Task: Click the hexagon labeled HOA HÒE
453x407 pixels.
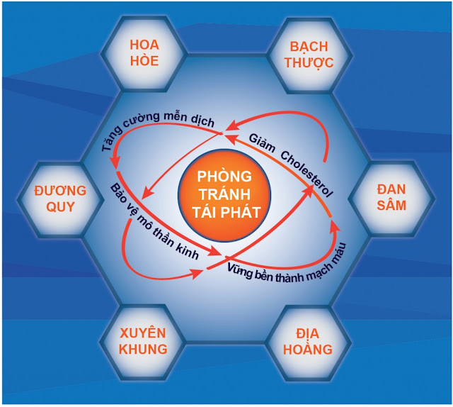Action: coord(144,52)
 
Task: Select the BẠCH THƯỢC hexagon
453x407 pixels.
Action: coord(309,53)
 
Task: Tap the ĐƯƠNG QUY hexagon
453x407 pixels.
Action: coord(60,199)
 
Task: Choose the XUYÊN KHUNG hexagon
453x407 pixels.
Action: coord(143,340)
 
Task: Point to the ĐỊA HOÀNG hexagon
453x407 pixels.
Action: coord(309,341)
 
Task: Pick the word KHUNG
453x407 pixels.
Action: coord(143,349)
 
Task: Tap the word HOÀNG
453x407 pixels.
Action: coord(309,350)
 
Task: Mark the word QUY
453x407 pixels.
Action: coord(60,207)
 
